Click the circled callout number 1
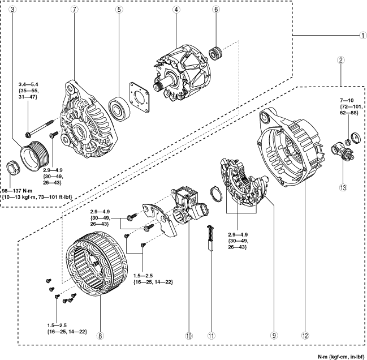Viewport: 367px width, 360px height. click(x=363, y=35)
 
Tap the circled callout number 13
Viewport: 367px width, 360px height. click(x=343, y=187)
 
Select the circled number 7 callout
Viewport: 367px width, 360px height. click(x=75, y=10)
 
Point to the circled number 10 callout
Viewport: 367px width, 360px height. click(x=189, y=336)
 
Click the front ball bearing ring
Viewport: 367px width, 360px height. click(x=119, y=108)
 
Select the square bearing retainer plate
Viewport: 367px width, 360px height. click(x=140, y=97)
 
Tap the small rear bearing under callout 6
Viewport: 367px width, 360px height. click(x=216, y=53)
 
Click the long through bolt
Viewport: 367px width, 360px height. click(x=40, y=128)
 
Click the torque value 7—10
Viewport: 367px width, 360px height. click(x=347, y=101)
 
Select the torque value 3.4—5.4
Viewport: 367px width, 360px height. click(x=28, y=84)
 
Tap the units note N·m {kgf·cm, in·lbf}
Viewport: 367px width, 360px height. click(x=341, y=357)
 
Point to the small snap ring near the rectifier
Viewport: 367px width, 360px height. click(x=216, y=194)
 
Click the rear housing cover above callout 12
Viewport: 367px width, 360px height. click(x=291, y=147)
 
